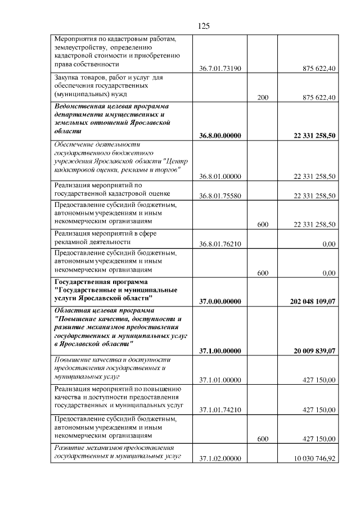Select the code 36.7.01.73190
click(220, 69)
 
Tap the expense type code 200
click(262, 97)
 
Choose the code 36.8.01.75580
click(220, 196)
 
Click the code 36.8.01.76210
click(220, 244)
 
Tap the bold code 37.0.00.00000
click(220, 301)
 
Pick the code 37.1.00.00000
click(220, 351)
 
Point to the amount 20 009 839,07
click(314, 351)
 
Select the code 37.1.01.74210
click(220, 410)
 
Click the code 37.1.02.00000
click(220, 458)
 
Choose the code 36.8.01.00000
click(220, 176)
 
